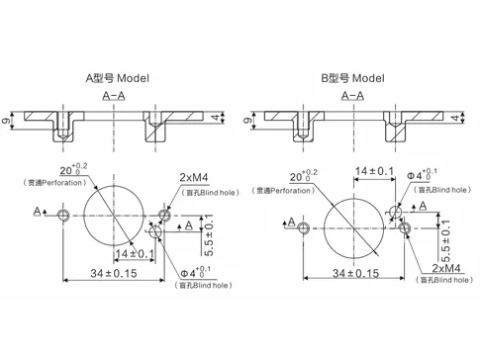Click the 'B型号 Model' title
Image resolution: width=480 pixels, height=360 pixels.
point(351,77)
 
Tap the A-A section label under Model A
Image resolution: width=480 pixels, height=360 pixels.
point(114,96)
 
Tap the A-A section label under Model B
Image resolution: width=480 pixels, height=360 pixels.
point(351,96)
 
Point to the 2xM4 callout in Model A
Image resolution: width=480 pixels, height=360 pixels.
point(194,176)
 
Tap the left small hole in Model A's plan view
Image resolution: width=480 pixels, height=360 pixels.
point(64,214)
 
